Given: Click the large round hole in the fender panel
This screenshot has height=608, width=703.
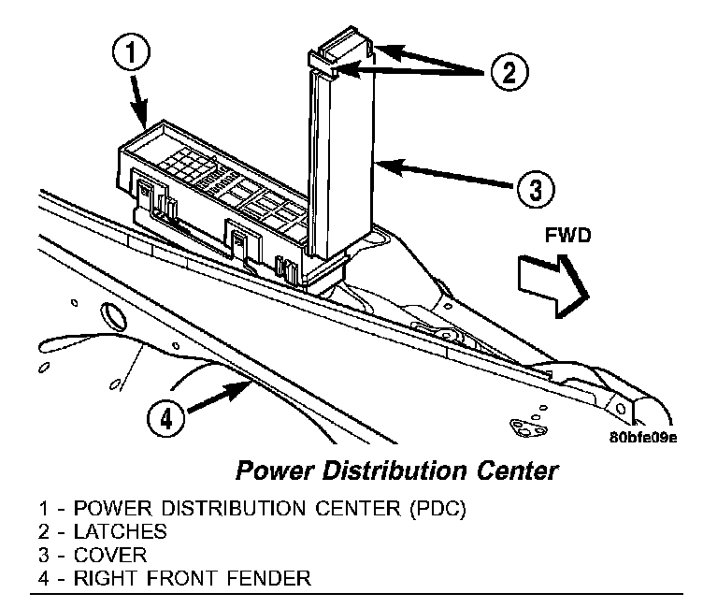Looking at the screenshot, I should click(x=110, y=318).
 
